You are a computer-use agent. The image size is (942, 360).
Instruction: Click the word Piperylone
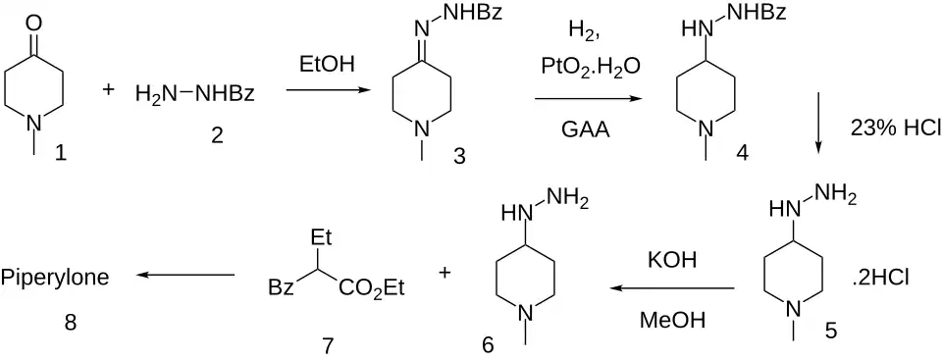click(55, 279)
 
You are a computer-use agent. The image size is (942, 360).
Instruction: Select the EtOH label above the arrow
click(328, 65)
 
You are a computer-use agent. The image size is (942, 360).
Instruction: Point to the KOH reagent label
click(671, 260)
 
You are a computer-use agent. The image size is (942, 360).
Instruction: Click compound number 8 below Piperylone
click(71, 324)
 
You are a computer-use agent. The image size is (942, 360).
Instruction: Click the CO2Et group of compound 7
click(371, 288)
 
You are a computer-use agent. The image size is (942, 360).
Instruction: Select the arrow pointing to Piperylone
click(185, 275)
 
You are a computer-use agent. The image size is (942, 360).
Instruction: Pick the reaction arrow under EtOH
click(328, 90)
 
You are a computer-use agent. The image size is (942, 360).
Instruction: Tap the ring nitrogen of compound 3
click(422, 129)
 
